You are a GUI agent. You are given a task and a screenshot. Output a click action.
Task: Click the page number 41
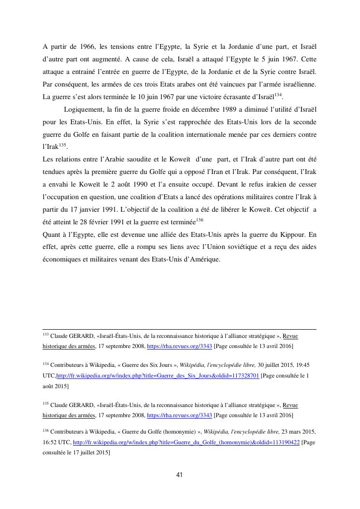[x=179, y=475]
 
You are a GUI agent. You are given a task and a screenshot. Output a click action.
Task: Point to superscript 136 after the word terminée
[x=200, y=220]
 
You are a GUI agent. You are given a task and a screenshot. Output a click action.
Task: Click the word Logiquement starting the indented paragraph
[x=83, y=109]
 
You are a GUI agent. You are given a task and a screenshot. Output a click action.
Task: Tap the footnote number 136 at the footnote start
[x=45, y=430]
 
